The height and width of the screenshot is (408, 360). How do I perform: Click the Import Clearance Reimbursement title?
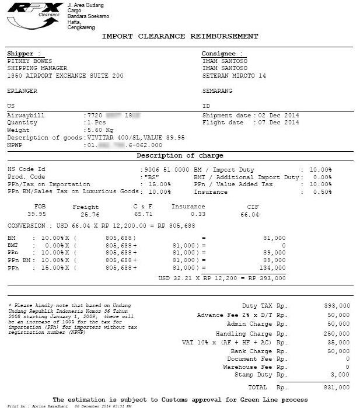180,36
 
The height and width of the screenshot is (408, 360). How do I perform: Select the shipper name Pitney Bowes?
30,61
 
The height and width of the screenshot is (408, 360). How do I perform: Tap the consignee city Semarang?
217,91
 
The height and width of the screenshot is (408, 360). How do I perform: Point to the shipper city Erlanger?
22,91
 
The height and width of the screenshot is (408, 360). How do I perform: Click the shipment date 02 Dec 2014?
278,116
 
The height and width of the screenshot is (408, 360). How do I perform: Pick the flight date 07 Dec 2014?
278,123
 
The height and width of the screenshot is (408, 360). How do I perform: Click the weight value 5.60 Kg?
100,130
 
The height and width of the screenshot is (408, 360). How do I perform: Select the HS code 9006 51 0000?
166,169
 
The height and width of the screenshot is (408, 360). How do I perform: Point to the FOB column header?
40,207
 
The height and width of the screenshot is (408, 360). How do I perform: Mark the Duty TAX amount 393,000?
337,306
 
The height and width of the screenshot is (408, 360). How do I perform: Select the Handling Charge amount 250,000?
337,334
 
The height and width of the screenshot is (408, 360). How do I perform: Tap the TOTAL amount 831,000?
337,388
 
